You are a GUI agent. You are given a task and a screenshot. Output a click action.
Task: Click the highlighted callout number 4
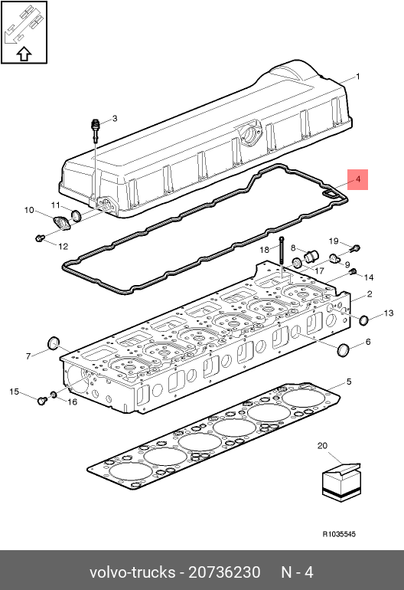(358, 179)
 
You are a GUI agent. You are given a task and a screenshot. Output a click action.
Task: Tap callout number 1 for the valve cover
(358, 77)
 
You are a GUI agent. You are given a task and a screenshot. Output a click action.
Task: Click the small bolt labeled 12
(40, 238)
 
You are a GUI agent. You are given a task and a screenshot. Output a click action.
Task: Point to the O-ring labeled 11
(76, 215)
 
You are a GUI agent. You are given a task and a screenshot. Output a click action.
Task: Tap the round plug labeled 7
(54, 343)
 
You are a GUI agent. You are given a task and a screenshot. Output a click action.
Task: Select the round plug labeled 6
(344, 350)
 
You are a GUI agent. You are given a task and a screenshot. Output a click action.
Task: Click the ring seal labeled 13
(363, 320)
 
